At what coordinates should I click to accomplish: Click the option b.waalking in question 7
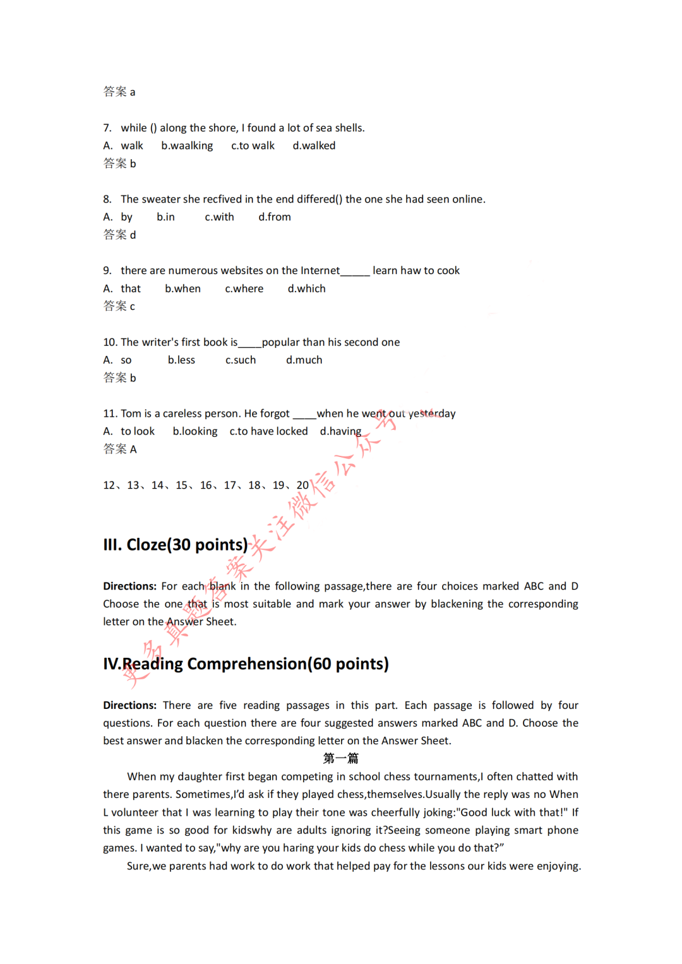pos(187,146)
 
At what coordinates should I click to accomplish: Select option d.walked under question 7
pos(314,146)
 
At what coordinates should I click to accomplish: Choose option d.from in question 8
pos(275,217)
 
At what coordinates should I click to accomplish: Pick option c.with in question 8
pos(219,217)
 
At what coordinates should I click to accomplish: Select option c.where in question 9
pos(244,289)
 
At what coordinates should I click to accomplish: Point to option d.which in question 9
pos(307,289)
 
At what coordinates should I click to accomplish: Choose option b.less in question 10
pos(181,360)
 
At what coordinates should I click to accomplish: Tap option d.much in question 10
pos(304,360)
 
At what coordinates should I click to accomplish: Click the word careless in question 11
pos(183,414)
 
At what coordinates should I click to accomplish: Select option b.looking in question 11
pos(195,431)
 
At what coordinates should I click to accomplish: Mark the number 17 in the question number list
pos(230,485)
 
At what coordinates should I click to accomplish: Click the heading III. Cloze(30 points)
pos(176,545)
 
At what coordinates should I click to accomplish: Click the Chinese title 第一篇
pos(340,758)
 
